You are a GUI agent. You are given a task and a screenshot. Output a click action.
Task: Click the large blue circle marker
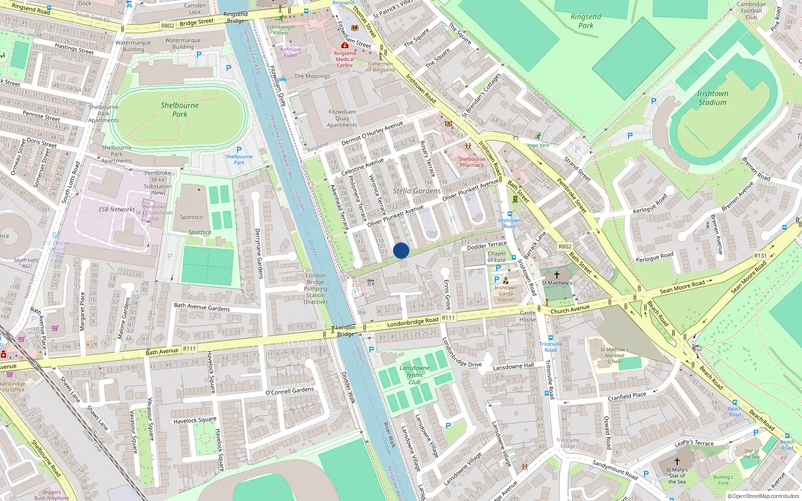click(x=401, y=250)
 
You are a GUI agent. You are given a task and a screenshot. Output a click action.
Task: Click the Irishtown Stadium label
click(x=712, y=98)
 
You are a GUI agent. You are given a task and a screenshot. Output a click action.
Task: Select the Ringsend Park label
click(x=585, y=21)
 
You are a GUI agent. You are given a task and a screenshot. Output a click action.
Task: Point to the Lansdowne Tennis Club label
click(x=415, y=375)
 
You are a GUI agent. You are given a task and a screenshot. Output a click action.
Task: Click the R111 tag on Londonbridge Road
click(x=448, y=318)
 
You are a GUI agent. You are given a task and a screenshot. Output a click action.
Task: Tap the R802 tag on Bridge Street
click(x=167, y=26)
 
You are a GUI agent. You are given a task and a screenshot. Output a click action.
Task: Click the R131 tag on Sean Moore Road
click(x=760, y=256)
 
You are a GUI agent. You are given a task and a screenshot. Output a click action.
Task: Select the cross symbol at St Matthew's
click(x=556, y=275)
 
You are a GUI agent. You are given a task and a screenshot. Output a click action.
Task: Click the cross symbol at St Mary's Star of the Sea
click(x=677, y=461)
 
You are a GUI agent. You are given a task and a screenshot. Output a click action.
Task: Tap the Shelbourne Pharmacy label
click(x=472, y=162)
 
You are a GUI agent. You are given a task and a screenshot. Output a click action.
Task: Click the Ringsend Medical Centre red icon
click(x=345, y=46)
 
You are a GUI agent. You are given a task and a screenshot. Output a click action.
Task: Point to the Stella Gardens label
click(x=417, y=191)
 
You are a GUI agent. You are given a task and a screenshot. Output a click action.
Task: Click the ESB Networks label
click(x=117, y=209)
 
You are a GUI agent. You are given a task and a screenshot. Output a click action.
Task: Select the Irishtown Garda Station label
click(x=505, y=294)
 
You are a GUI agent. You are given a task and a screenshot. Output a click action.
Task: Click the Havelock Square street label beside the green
click(x=195, y=420)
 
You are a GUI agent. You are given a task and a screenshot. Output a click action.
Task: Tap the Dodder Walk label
click(x=348, y=387)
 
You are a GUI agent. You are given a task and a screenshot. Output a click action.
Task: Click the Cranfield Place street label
click(x=627, y=396)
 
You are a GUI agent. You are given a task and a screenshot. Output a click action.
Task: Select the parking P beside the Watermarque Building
click(x=199, y=55)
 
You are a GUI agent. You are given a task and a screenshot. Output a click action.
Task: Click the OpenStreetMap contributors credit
click(x=763, y=496)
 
